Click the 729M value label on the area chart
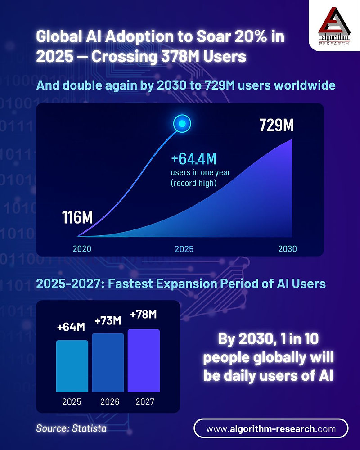click(x=276, y=126)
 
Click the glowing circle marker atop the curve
click(x=182, y=123)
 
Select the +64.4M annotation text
click(x=194, y=160)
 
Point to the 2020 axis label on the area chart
click(x=82, y=248)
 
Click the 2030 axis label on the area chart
click(x=287, y=248)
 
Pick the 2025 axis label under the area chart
click(x=184, y=248)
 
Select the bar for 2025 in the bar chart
click(x=72, y=366)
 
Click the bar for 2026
click(x=108, y=363)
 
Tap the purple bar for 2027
click(x=144, y=360)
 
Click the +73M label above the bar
click(x=108, y=321)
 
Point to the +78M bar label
click(x=144, y=315)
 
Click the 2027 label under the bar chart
click(x=144, y=401)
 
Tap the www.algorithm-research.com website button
click(x=271, y=428)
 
